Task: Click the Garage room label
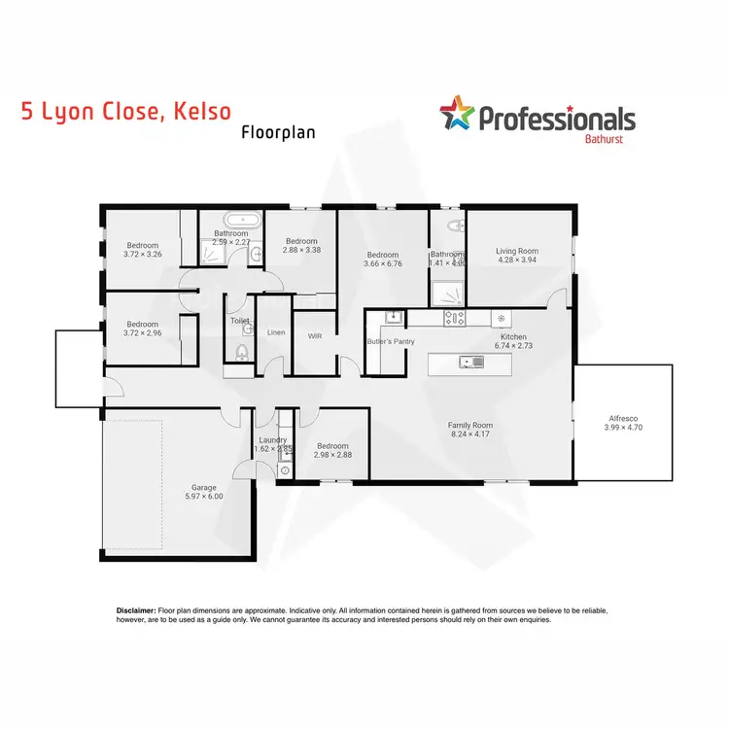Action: click(x=203, y=487)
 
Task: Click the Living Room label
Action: click(x=516, y=251)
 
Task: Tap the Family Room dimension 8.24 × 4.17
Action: click(x=470, y=435)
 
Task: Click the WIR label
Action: click(x=314, y=336)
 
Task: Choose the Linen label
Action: click(x=276, y=332)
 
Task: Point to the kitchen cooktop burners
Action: click(x=454, y=317)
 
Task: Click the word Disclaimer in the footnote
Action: click(x=135, y=609)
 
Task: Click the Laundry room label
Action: click(x=273, y=439)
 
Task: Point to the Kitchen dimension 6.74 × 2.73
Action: click(x=512, y=346)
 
